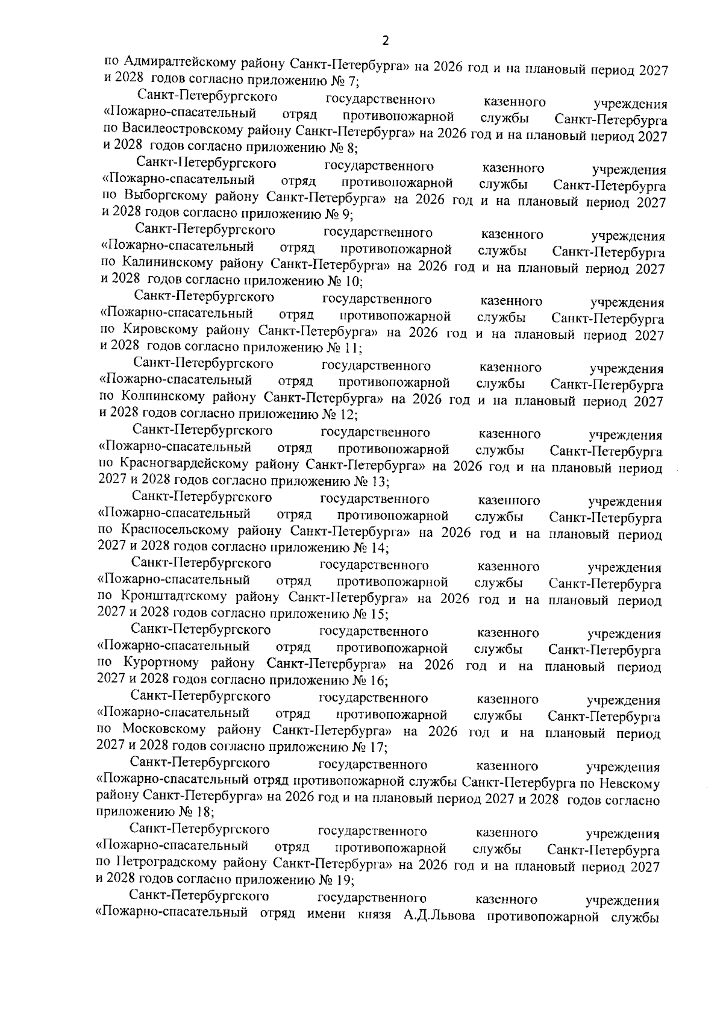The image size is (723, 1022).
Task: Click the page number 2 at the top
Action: point(386,41)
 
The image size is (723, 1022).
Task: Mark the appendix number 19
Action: point(345,879)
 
